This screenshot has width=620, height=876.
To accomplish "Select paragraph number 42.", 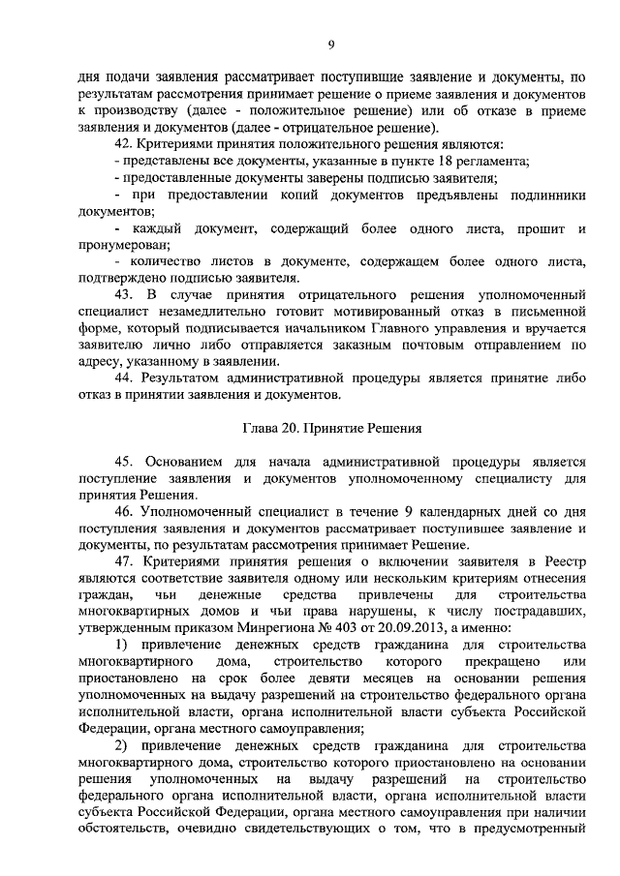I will pyautogui.click(x=126, y=143).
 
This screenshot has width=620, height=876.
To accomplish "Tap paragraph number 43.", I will pyautogui.click(x=126, y=293).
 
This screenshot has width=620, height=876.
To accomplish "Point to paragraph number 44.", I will pyautogui.click(x=126, y=377).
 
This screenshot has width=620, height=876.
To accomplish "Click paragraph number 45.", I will pyautogui.click(x=126, y=460).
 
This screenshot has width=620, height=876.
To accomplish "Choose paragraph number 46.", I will pyautogui.click(x=126, y=510).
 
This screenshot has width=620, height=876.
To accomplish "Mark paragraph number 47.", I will pyautogui.click(x=126, y=560).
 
